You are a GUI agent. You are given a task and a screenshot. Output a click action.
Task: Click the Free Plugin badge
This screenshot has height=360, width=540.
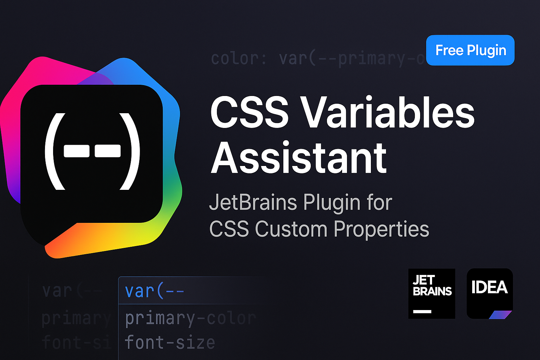(x=470, y=50)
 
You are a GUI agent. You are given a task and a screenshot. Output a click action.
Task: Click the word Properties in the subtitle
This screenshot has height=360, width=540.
(x=381, y=229)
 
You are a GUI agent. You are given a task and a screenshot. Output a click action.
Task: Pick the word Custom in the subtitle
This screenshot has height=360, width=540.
(x=291, y=229)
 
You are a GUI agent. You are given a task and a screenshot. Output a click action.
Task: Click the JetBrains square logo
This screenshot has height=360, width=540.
(x=432, y=294)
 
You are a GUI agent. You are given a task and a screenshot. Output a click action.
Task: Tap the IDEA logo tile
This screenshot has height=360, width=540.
(x=490, y=294)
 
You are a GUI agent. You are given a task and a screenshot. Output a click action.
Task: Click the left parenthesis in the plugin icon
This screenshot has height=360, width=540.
(x=53, y=151)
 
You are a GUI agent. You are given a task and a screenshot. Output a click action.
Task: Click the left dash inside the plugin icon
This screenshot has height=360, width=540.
(x=76, y=151)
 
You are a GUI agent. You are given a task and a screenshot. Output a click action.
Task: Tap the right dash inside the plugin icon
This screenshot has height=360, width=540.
(x=108, y=151)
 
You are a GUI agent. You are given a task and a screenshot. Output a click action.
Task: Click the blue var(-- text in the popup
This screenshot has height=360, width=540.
(x=154, y=291)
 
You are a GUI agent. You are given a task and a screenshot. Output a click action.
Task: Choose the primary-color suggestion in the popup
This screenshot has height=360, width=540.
(x=190, y=319)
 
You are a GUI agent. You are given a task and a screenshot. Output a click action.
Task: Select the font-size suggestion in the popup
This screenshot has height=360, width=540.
(x=170, y=342)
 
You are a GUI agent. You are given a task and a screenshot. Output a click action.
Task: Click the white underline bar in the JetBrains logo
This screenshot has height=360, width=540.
(x=422, y=311)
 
